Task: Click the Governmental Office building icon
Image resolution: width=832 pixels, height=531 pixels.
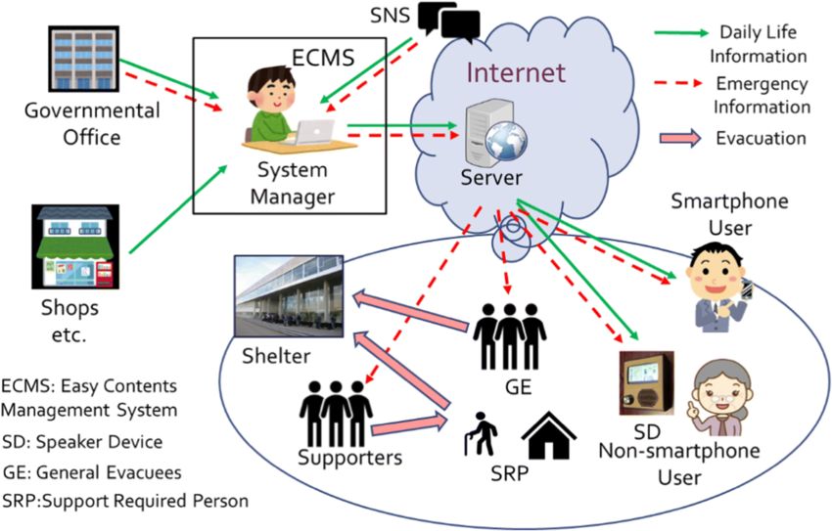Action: point(77,60)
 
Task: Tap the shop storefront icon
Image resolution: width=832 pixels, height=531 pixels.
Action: point(76,249)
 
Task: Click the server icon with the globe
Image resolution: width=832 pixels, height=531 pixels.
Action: point(497,131)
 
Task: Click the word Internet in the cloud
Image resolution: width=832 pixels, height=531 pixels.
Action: point(516,73)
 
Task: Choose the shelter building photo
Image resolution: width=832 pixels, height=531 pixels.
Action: point(289,298)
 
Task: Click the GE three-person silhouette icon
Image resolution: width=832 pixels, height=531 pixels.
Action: point(509,333)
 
